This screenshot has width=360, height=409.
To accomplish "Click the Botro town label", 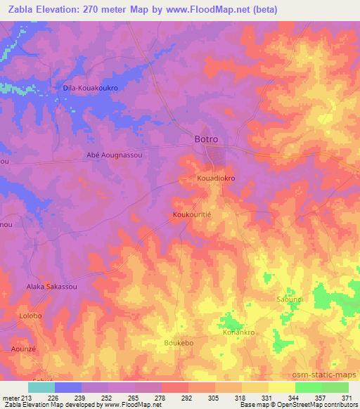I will (x=208, y=139).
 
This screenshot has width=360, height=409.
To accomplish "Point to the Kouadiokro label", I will (x=215, y=178).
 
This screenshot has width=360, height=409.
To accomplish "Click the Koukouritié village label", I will (x=193, y=214).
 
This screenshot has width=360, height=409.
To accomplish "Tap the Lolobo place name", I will (x=30, y=317).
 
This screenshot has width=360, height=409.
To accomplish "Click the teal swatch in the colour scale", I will (x=41, y=387).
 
